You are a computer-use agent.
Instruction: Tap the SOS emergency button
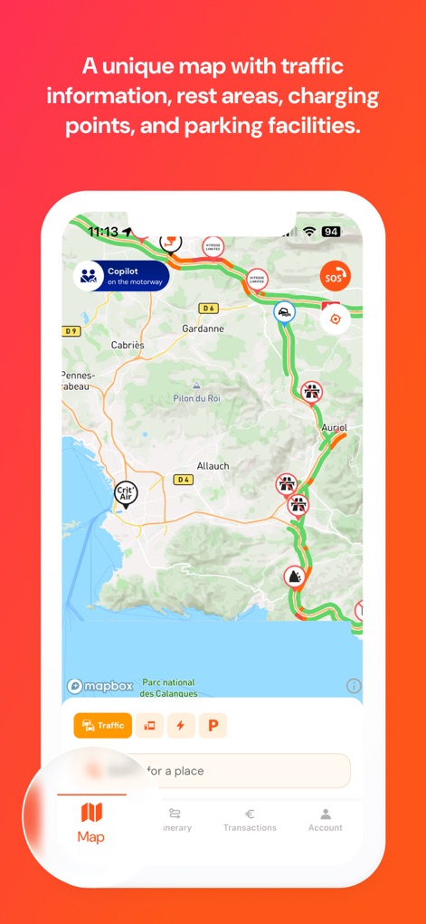[x=336, y=275]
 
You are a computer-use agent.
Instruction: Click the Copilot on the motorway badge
[x=121, y=275]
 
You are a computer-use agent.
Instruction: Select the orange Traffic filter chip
[x=103, y=725]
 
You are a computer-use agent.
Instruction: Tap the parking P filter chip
[x=213, y=725]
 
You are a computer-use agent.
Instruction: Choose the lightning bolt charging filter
[x=180, y=725]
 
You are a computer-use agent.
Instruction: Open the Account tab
[x=325, y=819]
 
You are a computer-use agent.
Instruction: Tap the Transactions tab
[x=250, y=819]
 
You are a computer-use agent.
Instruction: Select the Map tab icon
[x=91, y=812]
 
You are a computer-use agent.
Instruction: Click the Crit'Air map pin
[x=126, y=493]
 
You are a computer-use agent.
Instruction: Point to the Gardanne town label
[x=203, y=329]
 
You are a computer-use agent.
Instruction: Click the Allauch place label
[x=213, y=466]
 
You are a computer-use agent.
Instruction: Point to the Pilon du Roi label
[x=197, y=398]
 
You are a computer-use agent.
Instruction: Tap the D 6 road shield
[x=209, y=309]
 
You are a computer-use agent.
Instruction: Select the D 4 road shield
[x=185, y=480]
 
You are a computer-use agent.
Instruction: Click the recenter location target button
[x=336, y=319]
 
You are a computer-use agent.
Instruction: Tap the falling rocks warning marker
[x=293, y=576]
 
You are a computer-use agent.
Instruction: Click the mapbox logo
[x=100, y=686]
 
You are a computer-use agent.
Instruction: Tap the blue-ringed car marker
[x=284, y=313]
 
